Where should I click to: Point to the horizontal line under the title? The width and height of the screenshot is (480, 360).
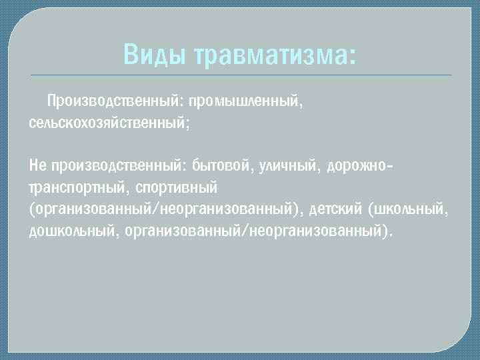pyautogui.click(x=240, y=75)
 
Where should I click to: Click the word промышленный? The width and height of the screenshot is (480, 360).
pyautogui.click(x=246, y=101)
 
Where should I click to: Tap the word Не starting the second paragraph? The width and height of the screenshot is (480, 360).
pyautogui.click(x=37, y=163)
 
